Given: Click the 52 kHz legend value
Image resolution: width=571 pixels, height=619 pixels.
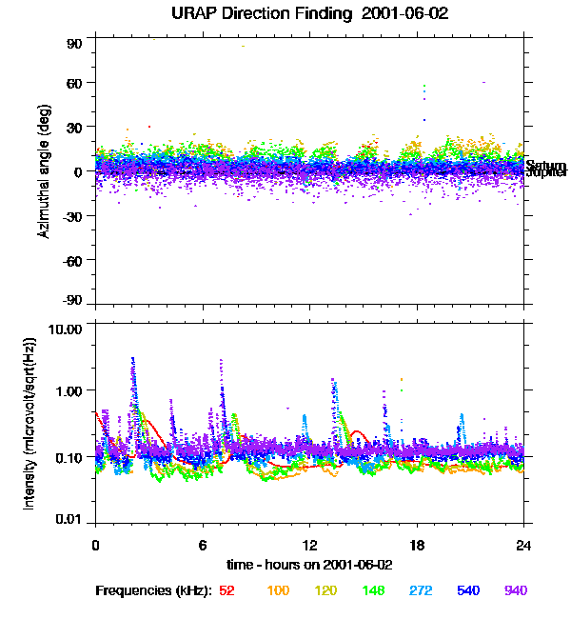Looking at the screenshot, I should [226, 591].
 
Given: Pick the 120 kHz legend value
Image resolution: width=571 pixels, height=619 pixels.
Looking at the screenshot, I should [326, 591].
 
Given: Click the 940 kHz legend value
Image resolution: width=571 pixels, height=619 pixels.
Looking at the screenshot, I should [515, 591].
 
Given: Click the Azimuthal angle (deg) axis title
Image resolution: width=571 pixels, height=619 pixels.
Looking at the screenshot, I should [44, 171].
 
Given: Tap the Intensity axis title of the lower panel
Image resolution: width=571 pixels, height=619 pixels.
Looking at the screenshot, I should [30, 424].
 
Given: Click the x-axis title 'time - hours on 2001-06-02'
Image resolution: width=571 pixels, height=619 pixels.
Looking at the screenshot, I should [309, 564].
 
